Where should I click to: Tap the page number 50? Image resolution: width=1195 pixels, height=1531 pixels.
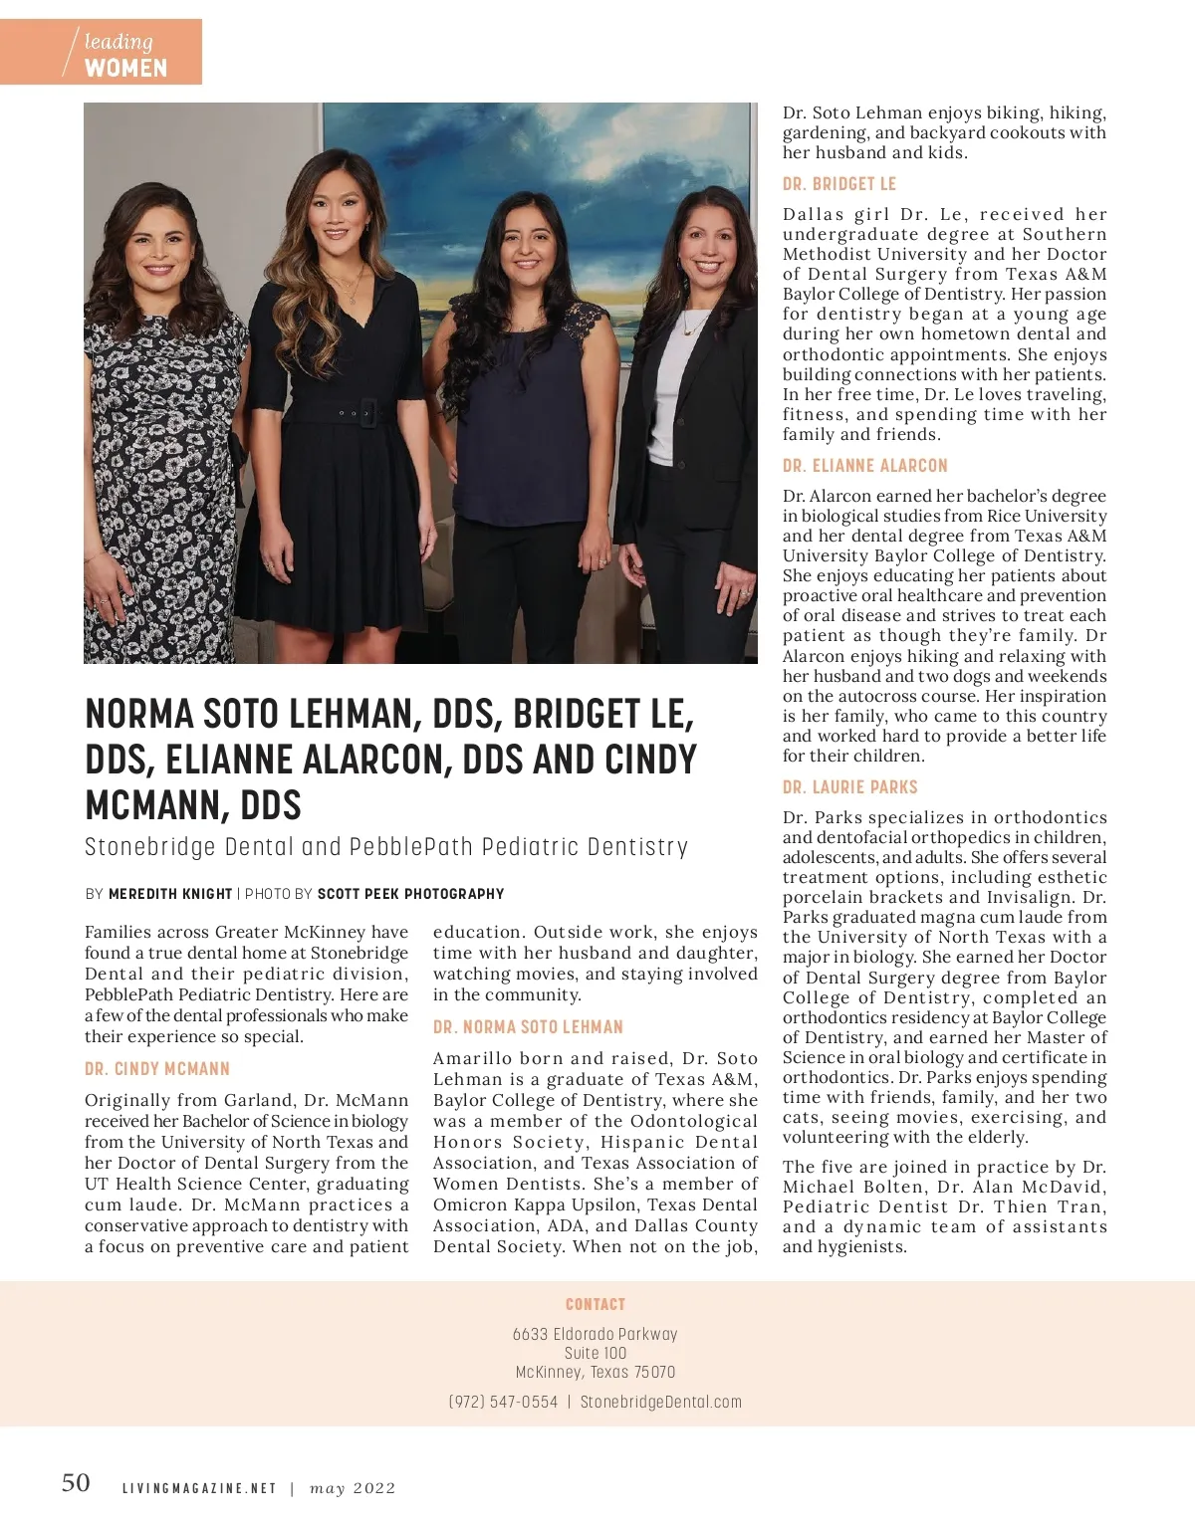(76, 1483)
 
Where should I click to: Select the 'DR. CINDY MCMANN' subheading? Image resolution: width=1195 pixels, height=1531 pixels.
(157, 1069)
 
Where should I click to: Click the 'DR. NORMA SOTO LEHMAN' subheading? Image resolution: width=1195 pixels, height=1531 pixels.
(528, 1027)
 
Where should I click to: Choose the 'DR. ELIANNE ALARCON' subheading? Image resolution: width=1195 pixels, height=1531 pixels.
(865, 466)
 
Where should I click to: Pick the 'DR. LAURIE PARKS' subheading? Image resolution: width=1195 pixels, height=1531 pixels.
(850, 787)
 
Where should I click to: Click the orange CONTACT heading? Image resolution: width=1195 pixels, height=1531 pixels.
(596, 1304)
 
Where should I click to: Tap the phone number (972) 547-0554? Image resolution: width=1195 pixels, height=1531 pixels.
(503, 1402)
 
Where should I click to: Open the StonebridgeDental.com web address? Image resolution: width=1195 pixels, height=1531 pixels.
(661, 1402)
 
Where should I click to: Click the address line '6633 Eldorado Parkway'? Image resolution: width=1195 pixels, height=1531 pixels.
(596, 1334)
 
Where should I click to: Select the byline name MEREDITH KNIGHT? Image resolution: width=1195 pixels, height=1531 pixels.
(170, 894)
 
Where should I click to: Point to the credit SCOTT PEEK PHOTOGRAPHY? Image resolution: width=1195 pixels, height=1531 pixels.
(410, 894)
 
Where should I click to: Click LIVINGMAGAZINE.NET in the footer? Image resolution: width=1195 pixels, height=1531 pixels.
(199, 1488)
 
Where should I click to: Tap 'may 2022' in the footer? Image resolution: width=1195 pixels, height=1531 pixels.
(353, 1488)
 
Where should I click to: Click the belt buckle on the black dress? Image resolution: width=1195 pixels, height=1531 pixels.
(367, 411)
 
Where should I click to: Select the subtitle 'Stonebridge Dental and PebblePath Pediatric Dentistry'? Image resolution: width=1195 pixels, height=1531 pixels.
(386, 847)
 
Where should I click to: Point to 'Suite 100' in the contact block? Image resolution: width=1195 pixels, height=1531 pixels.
(596, 1353)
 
